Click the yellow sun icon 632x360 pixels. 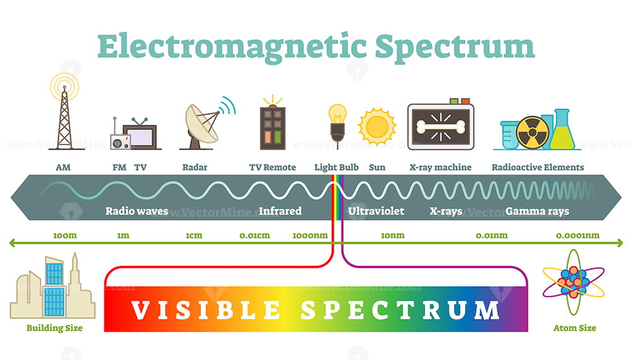point(377,126)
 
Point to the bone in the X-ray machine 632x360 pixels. point(441,127)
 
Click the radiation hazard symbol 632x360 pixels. point(532,132)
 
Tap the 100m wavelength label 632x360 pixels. point(65,236)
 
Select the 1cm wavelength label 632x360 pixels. point(194,236)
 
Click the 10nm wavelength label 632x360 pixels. point(392,236)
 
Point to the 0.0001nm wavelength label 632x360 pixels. point(578,236)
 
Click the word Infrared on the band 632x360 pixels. point(280,211)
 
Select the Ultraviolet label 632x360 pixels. point(376,211)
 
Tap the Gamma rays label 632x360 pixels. point(537,212)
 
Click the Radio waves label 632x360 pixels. point(137,211)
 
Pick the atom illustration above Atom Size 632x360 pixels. point(573,282)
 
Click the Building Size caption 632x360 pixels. point(54,328)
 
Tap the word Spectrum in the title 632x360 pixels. point(454,47)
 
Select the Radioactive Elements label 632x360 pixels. point(538,167)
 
